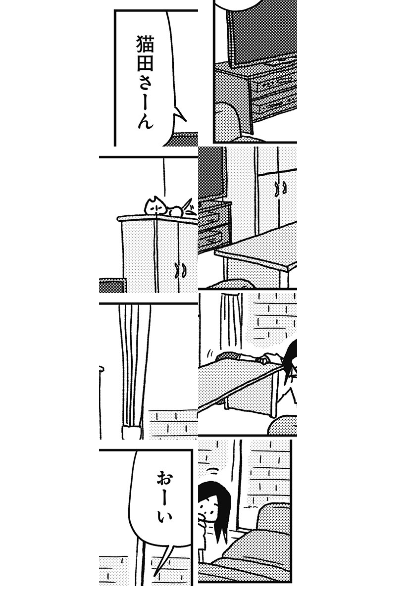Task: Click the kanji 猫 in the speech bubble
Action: click(x=145, y=45)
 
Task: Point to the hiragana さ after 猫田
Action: click(x=146, y=81)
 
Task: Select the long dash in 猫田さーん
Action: click(x=145, y=101)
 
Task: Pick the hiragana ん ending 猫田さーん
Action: click(x=146, y=121)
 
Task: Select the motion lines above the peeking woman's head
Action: click(x=212, y=471)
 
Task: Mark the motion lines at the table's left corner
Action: click(x=210, y=352)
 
